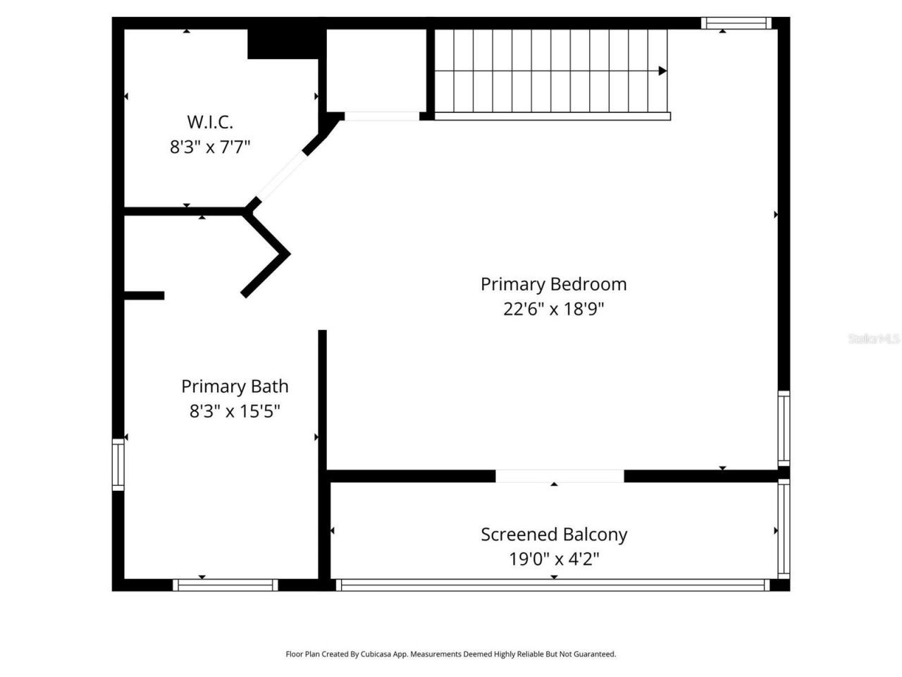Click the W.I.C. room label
point(210,122)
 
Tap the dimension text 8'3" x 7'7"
point(210,147)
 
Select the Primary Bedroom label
point(553,284)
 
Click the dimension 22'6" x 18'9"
point(553,309)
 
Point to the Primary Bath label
point(235,386)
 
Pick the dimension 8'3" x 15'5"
point(235,411)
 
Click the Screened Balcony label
point(554,535)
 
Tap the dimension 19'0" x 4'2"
point(554,559)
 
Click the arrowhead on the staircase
point(662,71)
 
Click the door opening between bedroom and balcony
point(560,476)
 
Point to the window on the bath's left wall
point(118,464)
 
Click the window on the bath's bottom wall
point(225,585)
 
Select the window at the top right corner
point(736,23)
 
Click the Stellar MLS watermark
point(874,338)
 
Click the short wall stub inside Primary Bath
point(144,295)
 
